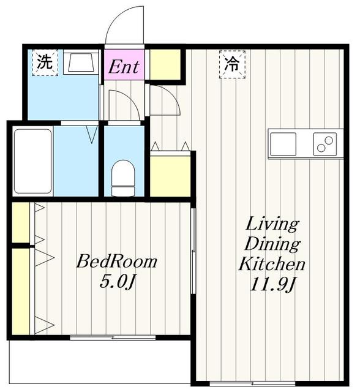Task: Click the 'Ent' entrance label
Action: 124,67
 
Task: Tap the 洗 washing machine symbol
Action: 45,62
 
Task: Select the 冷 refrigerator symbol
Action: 232,64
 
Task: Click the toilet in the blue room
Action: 123,178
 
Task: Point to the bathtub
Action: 32,161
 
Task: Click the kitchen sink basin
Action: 283,144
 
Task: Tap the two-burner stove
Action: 325,144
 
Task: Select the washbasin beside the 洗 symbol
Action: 81,62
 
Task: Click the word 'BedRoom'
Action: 117,262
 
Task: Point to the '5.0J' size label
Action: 117,282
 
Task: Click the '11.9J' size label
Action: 272,284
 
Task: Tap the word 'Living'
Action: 272,225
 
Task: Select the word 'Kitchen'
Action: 272,264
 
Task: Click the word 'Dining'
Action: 272,244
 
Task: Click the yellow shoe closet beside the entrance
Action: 165,64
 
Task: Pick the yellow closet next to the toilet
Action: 170,176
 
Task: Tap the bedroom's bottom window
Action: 113,337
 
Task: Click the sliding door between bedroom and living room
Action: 193,251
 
